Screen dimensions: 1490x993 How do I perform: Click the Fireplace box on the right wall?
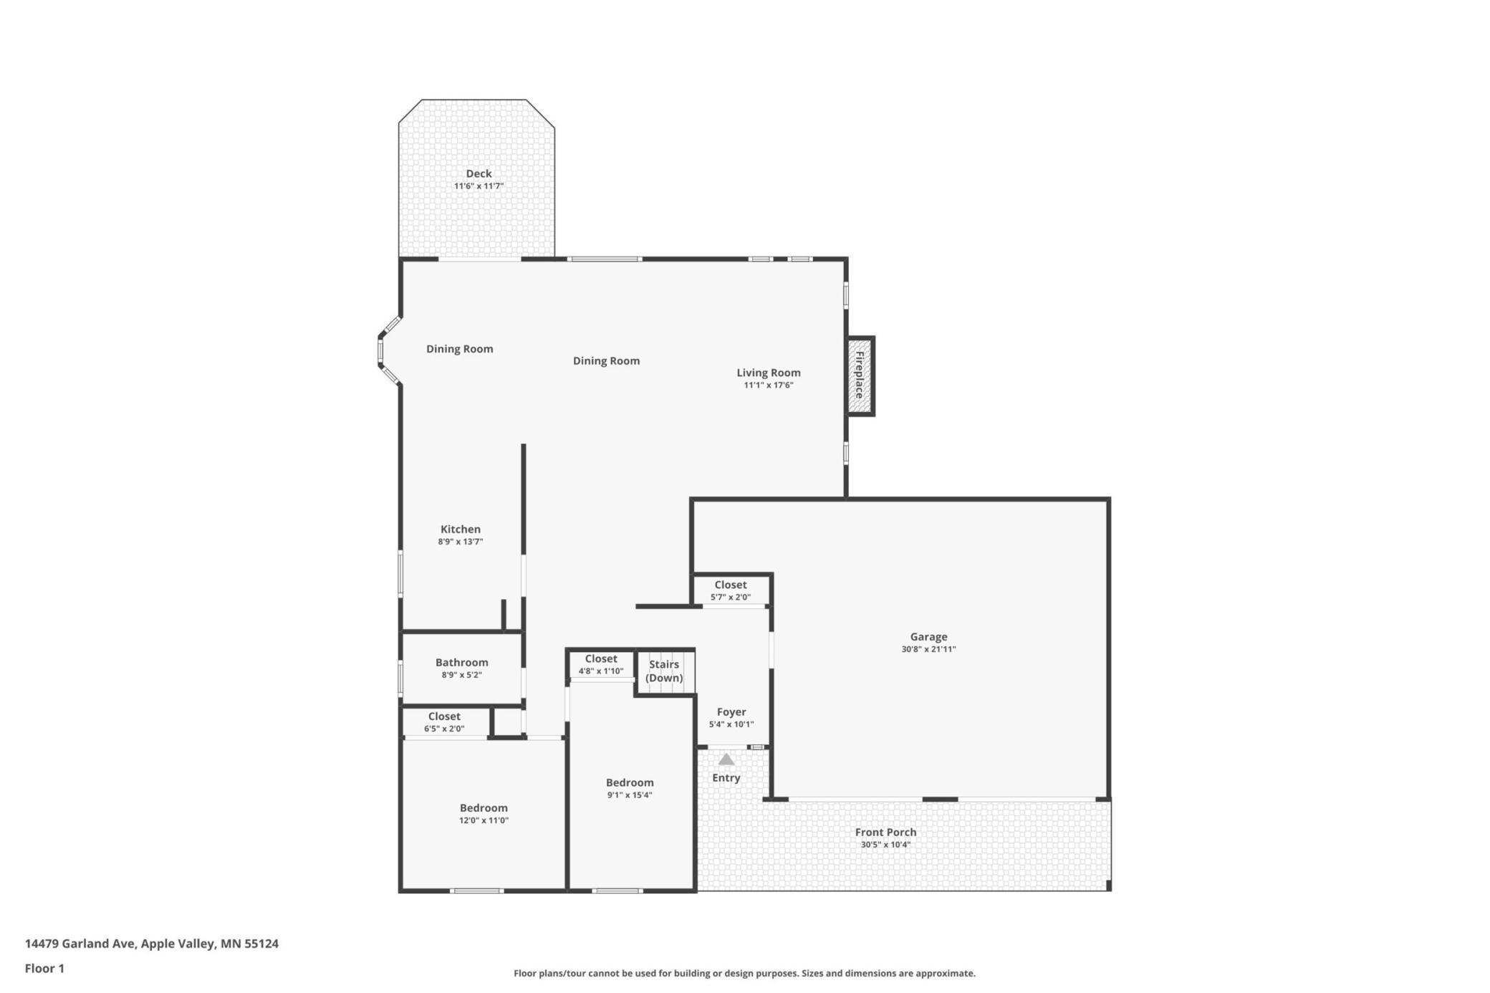tap(860, 376)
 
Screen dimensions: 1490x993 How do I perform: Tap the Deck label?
tap(479, 173)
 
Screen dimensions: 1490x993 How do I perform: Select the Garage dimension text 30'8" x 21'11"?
tap(928, 649)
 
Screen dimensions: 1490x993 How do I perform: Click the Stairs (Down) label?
tap(664, 671)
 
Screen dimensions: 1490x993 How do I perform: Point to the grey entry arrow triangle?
tap(726, 759)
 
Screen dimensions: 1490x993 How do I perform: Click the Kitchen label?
tap(461, 529)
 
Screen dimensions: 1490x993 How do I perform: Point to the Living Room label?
tap(769, 373)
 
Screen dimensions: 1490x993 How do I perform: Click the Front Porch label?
tap(885, 832)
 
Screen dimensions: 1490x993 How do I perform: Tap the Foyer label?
tap(731, 711)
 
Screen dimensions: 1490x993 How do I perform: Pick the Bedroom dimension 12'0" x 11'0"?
tap(484, 820)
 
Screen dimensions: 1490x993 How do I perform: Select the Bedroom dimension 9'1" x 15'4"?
tap(630, 795)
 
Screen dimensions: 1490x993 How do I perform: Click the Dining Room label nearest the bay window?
tap(460, 349)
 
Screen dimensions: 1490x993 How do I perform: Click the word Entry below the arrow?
tap(726, 777)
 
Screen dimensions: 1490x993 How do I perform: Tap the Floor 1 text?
tap(44, 969)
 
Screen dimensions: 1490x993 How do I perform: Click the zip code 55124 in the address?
tap(261, 944)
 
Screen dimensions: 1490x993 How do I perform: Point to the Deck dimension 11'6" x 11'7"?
tap(479, 186)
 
